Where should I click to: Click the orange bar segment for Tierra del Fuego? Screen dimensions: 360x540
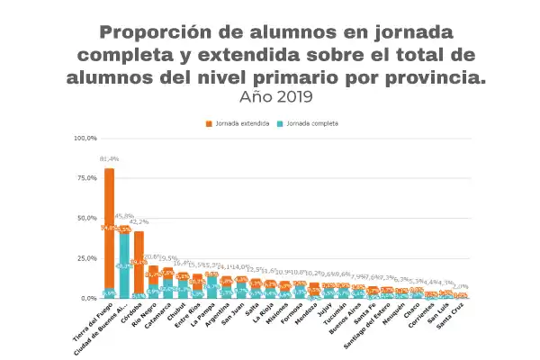(x=109, y=225)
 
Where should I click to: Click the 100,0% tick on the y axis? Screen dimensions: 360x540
(x=85, y=138)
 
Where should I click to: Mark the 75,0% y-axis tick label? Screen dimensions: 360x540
(x=85, y=177)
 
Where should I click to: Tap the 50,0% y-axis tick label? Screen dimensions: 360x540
(x=85, y=218)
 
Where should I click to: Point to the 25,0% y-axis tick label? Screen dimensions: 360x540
(x=85, y=257)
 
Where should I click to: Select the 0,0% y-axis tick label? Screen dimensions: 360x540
(x=87, y=297)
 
